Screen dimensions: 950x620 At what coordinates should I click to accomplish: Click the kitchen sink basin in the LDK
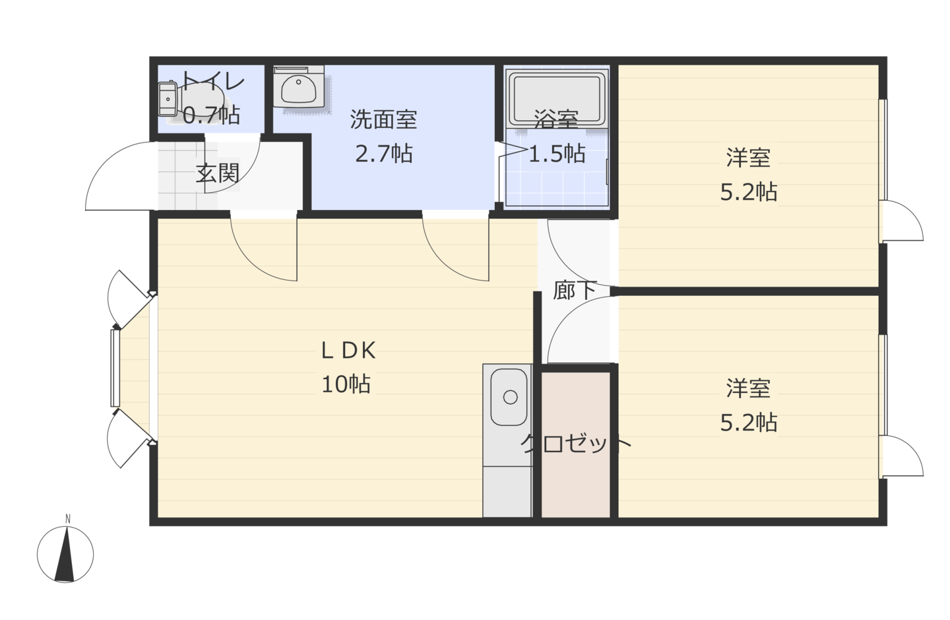pyautogui.click(x=509, y=397)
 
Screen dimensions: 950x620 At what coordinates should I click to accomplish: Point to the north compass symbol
pyautogui.click(x=65, y=554)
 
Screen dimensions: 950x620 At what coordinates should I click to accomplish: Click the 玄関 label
pyautogui.click(x=218, y=173)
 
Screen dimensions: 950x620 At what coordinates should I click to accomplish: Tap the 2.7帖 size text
pyautogui.click(x=384, y=154)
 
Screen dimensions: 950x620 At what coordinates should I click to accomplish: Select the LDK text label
pyautogui.click(x=348, y=351)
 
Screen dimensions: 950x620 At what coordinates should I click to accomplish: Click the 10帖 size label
pyautogui.click(x=346, y=384)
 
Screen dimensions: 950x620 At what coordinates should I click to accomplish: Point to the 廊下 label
pyautogui.click(x=575, y=291)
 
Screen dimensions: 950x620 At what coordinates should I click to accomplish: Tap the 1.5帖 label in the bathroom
pyautogui.click(x=557, y=154)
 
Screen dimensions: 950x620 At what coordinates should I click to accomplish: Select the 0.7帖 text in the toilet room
pyautogui.click(x=212, y=115)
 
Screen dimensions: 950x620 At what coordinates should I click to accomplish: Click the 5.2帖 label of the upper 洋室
pyautogui.click(x=749, y=192)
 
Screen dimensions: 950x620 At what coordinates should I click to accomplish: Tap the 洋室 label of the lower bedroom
pyautogui.click(x=749, y=389)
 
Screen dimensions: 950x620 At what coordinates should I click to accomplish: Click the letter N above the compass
pyautogui.click(x=68, y=519)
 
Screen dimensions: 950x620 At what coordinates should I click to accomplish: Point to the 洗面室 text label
pyautogui.click(x=384, y=120)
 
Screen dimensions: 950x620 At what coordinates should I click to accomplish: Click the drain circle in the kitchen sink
pyautogui.click(x=510, y=397)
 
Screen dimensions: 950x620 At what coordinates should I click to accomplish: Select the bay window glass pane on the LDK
pyautogui.click(x=115, y=368)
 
